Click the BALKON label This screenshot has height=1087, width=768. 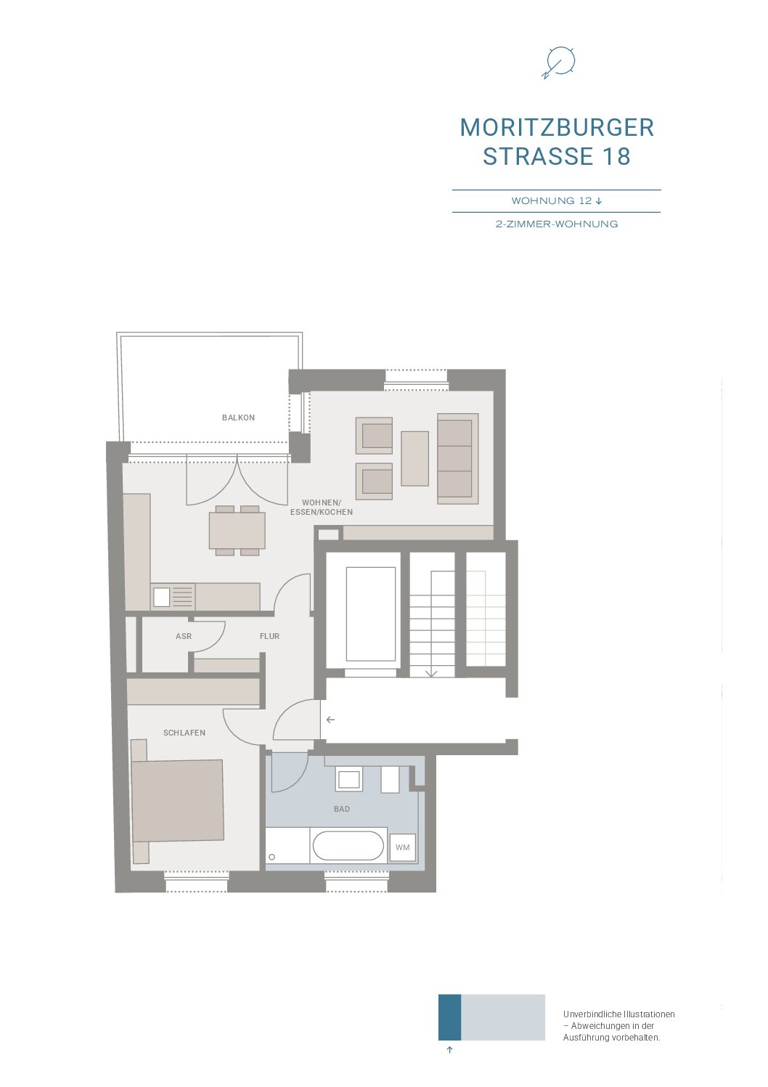point(237,418)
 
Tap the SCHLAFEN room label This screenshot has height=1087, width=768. point(184,732)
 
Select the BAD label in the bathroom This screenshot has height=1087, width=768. point(342,808)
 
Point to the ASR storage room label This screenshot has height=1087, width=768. point(184,635)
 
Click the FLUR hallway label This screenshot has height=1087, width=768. point(269,635)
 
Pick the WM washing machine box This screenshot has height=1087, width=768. point(402,847)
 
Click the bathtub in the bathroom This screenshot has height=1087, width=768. point(348,846)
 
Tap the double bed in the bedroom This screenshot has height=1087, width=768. point(178,801)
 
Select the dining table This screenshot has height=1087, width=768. point(237,530)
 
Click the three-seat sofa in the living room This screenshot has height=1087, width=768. point(457,459)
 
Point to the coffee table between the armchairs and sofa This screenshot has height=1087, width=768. point(414,459)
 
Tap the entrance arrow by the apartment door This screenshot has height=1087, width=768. point(330,720)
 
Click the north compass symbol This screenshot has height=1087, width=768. point(559,62)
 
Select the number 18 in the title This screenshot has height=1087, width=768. point(616,156)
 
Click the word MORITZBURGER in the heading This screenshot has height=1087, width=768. point(557,128)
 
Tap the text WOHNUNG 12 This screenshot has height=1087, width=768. point(552,201)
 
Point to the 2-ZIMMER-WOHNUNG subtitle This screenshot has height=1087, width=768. point(557,224)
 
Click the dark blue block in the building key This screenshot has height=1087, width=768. point(449,1017)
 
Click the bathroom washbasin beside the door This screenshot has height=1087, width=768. point(349,779)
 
